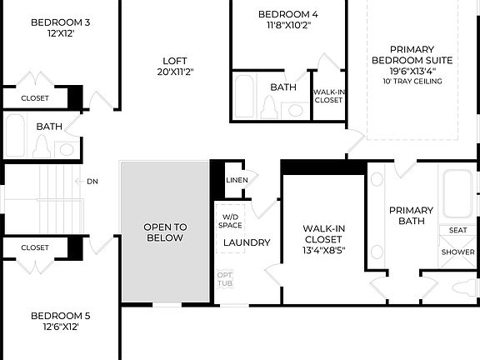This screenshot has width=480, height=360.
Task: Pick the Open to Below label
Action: (165, 232)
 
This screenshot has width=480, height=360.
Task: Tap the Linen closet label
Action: (237, 181)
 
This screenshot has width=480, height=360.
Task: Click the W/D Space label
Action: (230, 220)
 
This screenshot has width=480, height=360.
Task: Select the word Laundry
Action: (247, 242)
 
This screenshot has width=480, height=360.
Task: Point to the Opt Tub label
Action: (225, 278)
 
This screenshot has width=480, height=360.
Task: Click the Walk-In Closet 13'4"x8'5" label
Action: (322, 240)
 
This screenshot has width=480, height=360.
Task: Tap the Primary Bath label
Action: (411, 216)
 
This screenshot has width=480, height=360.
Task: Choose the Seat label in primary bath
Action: (457, 230)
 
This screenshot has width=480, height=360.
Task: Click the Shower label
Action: (457, 252)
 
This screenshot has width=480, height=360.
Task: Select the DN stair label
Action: (92, 181)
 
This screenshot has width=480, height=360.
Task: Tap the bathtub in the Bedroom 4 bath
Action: (246, 96)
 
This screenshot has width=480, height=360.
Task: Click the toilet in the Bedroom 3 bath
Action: (42, 147)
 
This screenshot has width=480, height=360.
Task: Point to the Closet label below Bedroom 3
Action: (34, 98)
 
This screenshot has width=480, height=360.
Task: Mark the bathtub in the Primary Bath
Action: (457, 193)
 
